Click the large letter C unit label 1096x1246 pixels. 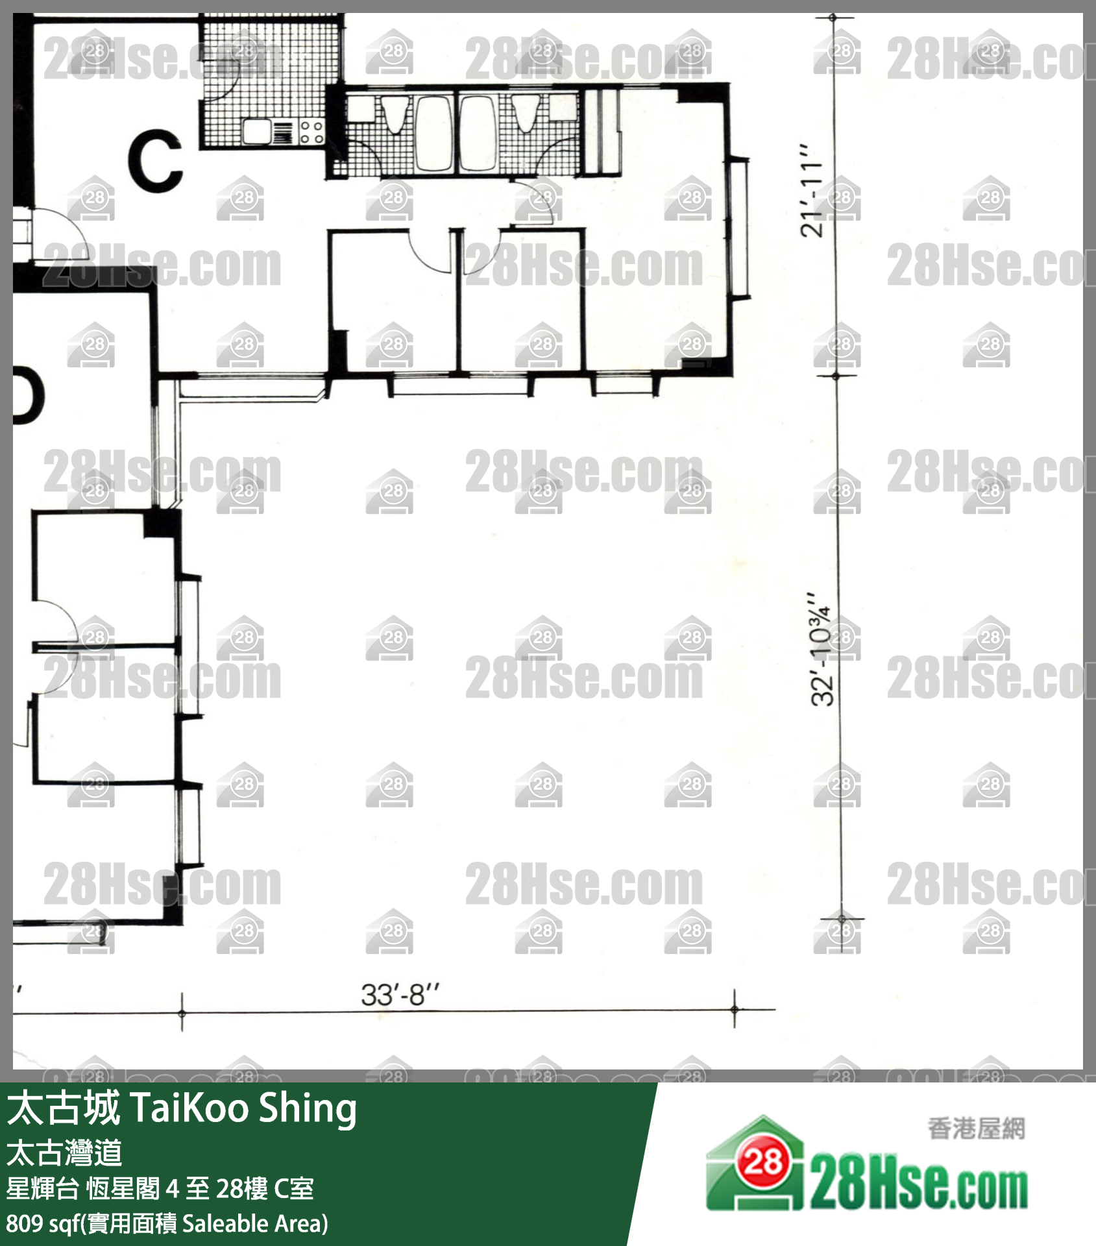(155, 160)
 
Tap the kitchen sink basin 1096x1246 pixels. (256, 132)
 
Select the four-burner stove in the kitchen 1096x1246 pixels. (311, 132)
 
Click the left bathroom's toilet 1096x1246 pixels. (395, 114)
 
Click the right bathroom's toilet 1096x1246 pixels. (525, 114)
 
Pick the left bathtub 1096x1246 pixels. (434, 134)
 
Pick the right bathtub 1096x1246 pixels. (478, 134)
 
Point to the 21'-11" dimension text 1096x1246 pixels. (811, 190)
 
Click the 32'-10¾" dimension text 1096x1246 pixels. (821, 649)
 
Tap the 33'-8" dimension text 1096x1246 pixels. (400, 995)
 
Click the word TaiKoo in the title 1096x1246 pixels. (190, 1108)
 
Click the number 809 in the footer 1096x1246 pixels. (25, 1224)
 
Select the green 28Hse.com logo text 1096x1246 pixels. (919, 1189)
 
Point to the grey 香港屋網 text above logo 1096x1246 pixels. (977, 1129)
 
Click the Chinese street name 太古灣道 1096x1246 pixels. (64, 1153)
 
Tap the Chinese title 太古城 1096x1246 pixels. (64, 1108)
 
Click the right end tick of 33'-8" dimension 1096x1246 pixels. (735, 1009)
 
